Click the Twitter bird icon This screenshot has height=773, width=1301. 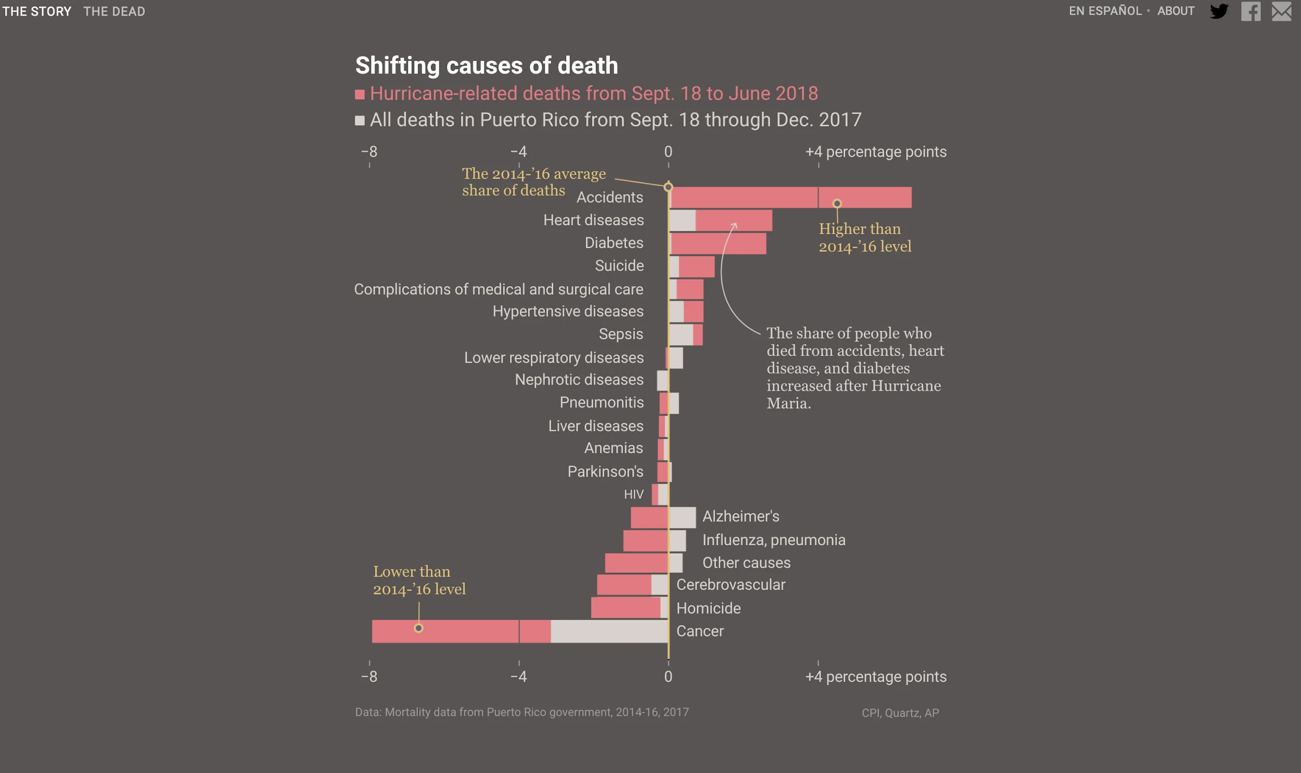pos(1219,11)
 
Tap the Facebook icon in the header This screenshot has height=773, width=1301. pos(1251,11)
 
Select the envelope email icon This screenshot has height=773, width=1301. pos(1281,11)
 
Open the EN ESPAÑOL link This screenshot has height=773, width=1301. pos(1105,11)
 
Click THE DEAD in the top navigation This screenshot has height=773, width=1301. pos(114,11)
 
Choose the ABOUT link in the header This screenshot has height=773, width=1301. pos(1176,11)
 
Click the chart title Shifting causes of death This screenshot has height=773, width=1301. pos(486,66)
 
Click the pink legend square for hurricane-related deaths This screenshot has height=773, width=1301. pos(360,94)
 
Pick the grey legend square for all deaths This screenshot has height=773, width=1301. pos(360,121)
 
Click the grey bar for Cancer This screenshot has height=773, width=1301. pos(609,631)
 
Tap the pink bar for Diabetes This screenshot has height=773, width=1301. pos(718,243)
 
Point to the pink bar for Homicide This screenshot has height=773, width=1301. pos(625,608)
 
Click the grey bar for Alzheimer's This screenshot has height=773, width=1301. pos(682,517)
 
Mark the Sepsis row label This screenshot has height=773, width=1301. pos(620,334)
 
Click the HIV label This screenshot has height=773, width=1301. pos(633,494)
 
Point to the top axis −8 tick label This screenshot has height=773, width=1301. pos(369,151)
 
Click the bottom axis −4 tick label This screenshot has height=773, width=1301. pos(518,676)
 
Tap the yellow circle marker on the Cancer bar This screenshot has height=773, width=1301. pos(418,628)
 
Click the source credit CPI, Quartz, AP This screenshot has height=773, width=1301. pos(900,713)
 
